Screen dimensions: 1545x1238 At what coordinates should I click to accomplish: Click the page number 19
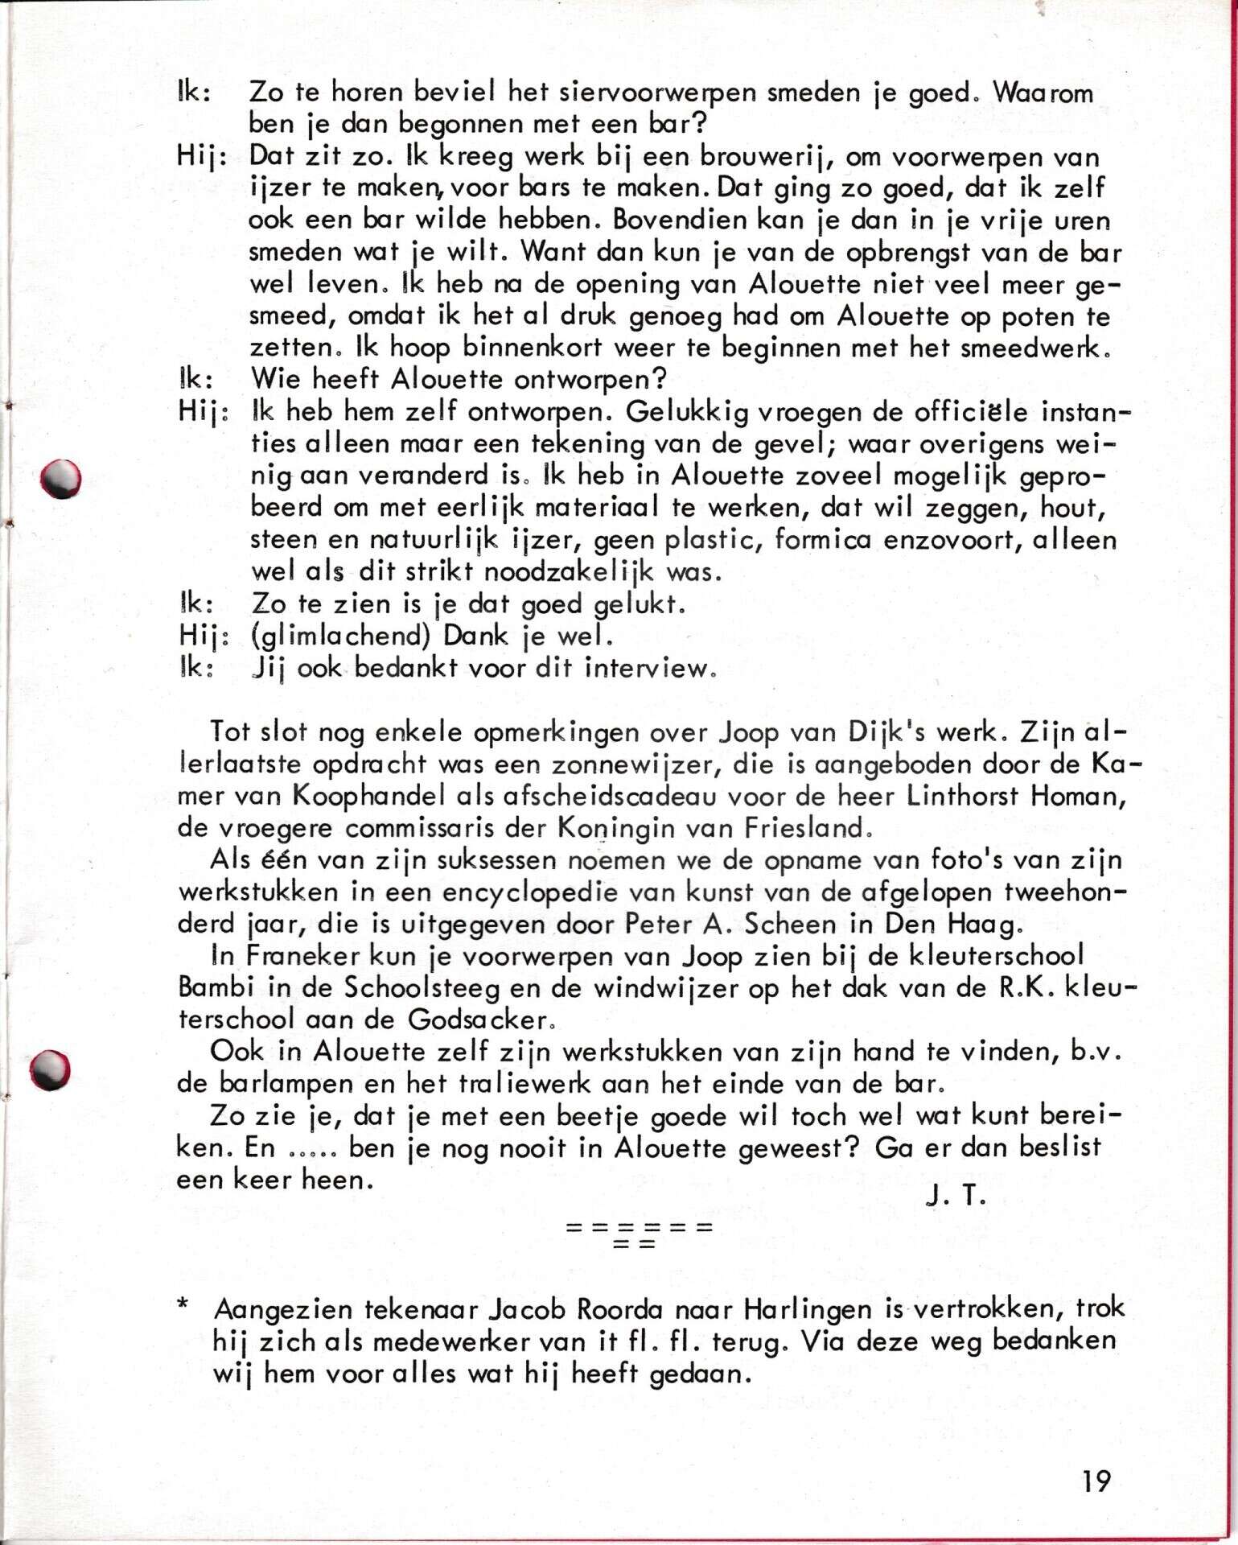1096,1481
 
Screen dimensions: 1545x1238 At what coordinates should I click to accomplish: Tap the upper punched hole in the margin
61,478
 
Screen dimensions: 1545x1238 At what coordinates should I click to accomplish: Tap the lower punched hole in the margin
50,1070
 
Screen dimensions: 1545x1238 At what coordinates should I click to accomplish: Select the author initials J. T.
956,1196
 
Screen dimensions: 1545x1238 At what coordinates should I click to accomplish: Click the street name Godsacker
479,1020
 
